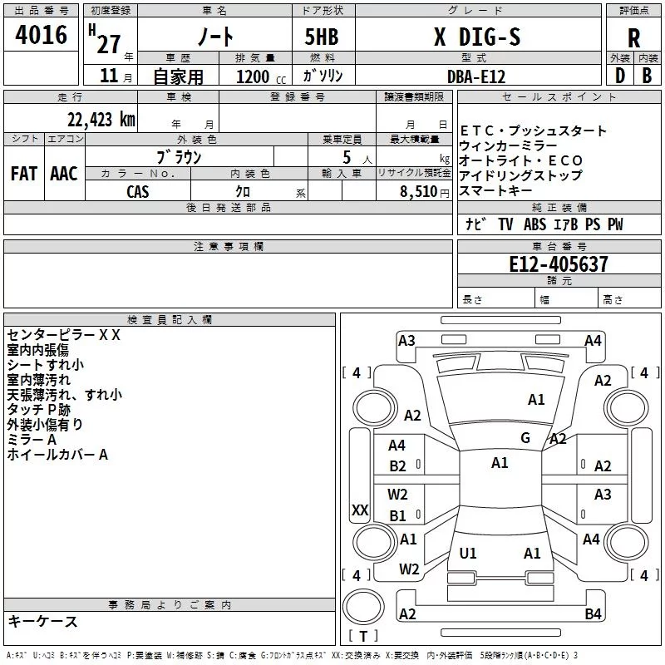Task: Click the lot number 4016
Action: coord(41,34)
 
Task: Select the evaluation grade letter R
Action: coord(633,38)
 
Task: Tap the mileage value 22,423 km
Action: coord(101,119)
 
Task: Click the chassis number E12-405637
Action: coord(559,264)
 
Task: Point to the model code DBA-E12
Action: coord(476,76)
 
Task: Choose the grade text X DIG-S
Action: coord(477,37)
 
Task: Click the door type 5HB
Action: coord(322,37)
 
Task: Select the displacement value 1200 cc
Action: coord(261,76)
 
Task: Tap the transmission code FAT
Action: coord(24,174)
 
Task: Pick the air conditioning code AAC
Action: coord(64,174)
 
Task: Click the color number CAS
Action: coord(138,192)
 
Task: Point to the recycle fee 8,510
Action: coord(418,192)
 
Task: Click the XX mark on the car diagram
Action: coord(360,510)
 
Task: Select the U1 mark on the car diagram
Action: coord(468,553)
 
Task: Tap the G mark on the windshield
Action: coord(525,437)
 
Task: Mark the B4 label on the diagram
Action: coord(593,613)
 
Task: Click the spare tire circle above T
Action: coord(363,606)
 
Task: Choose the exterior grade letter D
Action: coord(620,76)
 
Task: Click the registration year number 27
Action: coord(109,44)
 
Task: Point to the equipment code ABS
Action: coord(534,224)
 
